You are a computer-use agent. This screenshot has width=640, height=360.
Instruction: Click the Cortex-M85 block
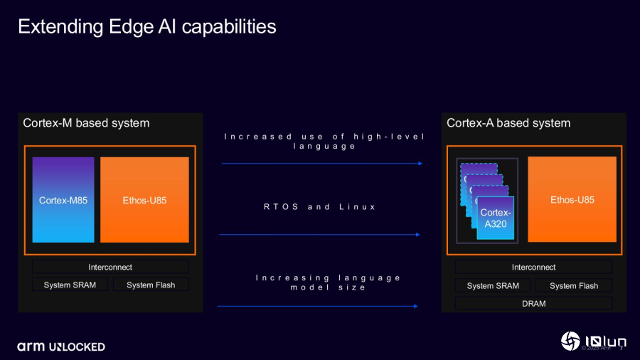tap(63, 200)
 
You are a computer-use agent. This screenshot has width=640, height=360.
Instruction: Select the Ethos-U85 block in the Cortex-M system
tap(144, 200)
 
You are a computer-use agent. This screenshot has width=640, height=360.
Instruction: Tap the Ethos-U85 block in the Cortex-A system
tap(572, 200)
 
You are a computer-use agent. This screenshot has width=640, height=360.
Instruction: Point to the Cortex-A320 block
tap(494, 218)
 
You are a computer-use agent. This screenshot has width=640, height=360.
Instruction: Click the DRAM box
tap(533, 303)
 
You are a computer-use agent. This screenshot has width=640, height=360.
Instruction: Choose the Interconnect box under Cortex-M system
tap(110, 267)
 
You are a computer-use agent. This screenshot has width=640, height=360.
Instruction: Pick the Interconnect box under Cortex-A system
tap(533, 267)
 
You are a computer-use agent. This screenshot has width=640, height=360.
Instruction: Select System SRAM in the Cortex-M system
tap(70, 285)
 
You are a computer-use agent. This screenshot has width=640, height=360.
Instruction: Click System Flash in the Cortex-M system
tap(151, 285)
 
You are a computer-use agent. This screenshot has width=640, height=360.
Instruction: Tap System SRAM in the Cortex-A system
tap(493, 285)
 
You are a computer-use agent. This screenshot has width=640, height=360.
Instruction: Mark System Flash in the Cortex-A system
tap(574, 285)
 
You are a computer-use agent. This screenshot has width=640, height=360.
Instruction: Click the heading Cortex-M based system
tap(86, 123)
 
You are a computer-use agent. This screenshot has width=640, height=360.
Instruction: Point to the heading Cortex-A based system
tap(508, 123)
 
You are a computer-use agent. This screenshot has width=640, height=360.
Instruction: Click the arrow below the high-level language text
tap(322, 164)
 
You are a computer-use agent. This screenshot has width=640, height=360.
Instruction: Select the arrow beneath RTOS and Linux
tap(319, 234)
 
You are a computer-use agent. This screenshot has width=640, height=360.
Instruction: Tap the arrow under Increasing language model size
tap(317, 306)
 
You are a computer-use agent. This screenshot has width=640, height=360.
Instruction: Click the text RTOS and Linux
tap(319, 207)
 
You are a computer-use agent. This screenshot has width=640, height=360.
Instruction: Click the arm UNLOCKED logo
tap(61, 346)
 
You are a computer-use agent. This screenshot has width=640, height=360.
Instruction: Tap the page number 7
tap(622, 349)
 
